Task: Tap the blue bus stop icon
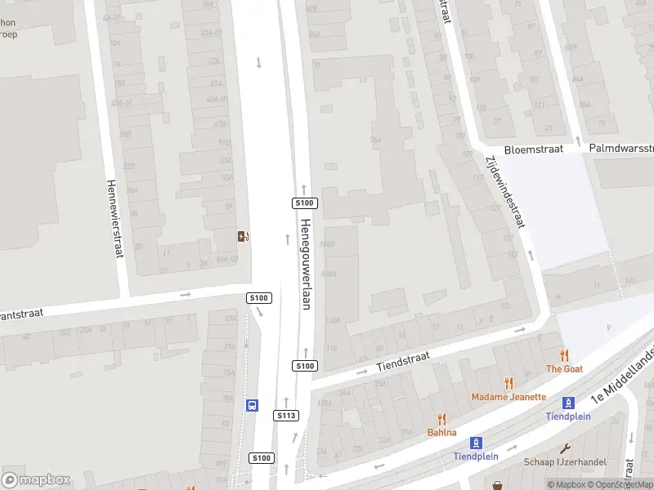click(x=251, y=405)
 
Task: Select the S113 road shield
click(x=285, y=416)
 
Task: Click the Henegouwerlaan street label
click(x=307, y=264)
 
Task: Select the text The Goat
click(x=564, y=369)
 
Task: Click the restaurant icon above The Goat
click(x=564, y=354)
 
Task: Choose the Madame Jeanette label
click(x=508, y=397)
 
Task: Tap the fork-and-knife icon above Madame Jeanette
click(x=508, y=382)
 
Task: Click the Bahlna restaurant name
click(x=441, y=432)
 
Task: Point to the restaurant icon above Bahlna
click(x=441, y=417)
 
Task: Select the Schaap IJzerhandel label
click(x=565, y=462)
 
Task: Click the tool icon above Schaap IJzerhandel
click(x=565, y=448)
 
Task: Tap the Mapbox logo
click(x=36, y=479)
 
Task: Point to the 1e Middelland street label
click(x=622, y=376)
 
